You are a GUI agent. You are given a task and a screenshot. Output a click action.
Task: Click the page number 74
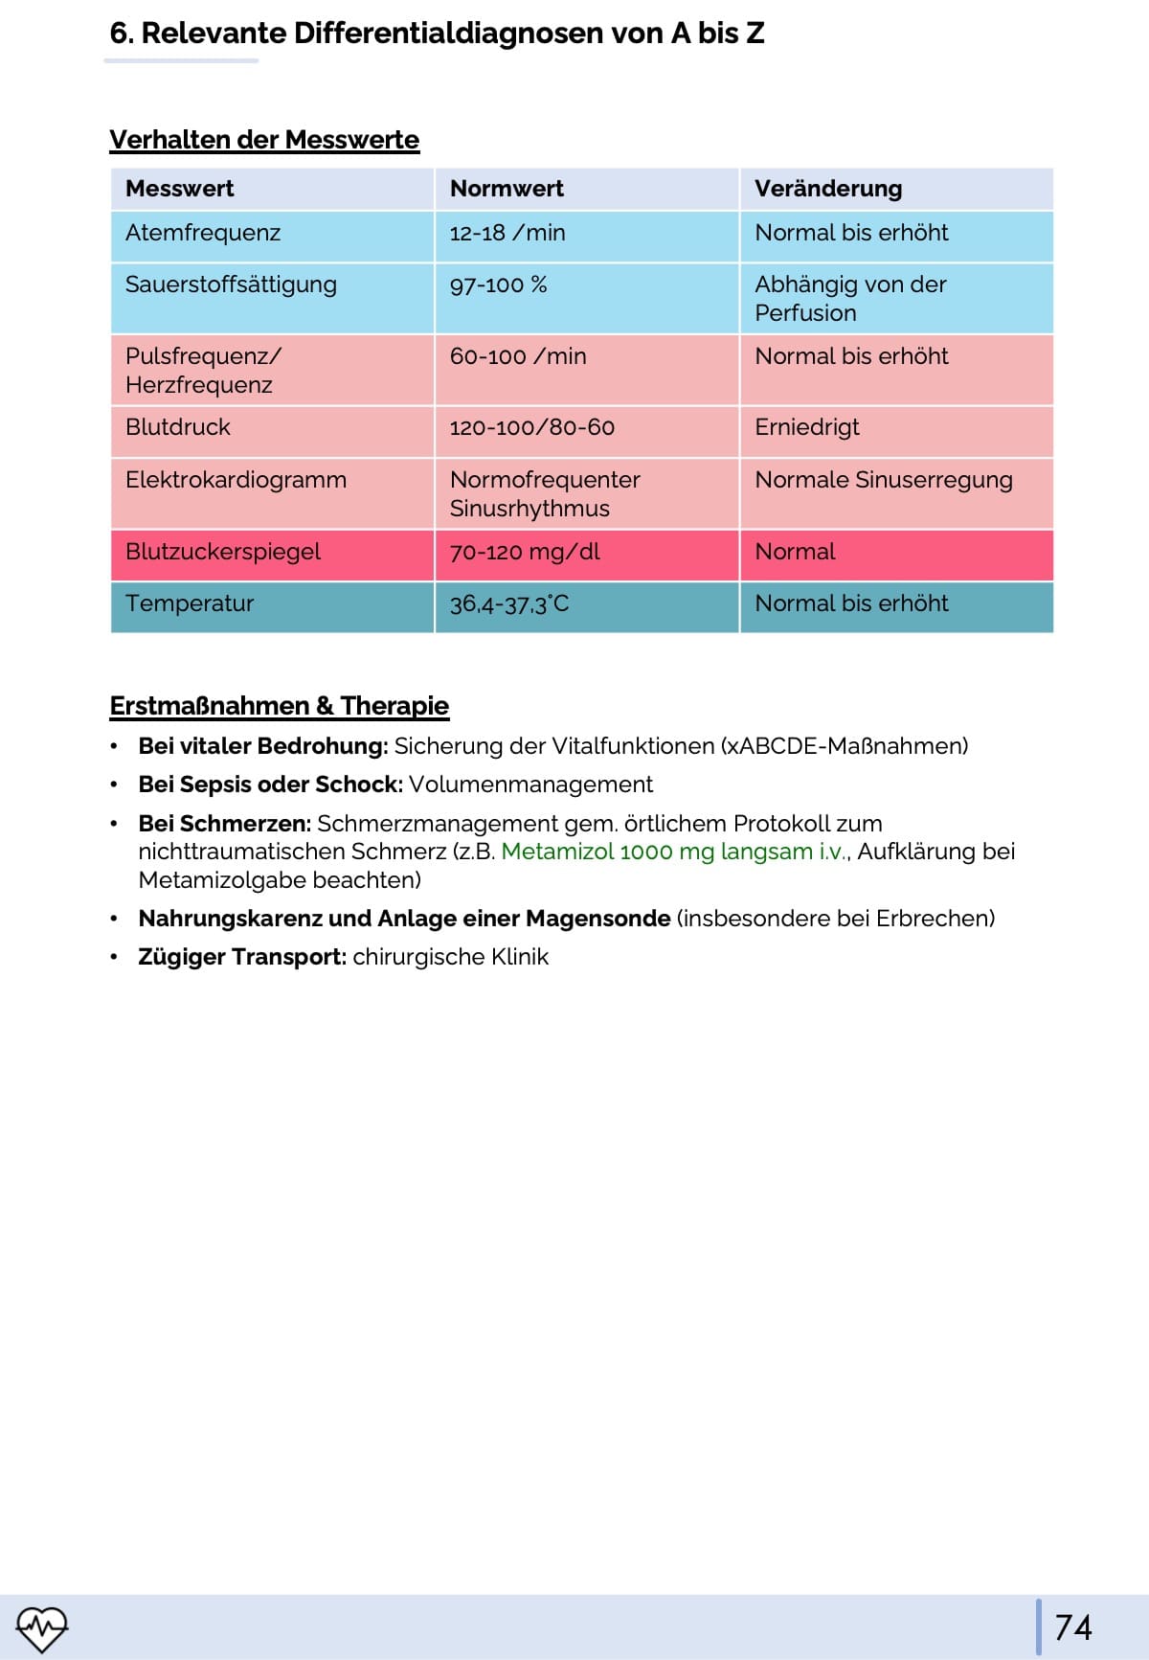pos(1072,1626)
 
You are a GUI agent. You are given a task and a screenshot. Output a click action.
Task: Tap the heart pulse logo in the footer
pos(42,1627)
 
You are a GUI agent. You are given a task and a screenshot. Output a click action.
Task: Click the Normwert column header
pos(507,189)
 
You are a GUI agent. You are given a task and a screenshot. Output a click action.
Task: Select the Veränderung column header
pos(828,189)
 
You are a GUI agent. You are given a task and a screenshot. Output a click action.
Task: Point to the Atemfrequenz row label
pos(203,233)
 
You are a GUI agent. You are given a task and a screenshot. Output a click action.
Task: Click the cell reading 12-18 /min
pos(507,233)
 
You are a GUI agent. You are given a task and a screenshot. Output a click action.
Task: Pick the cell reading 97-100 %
pos(498,284)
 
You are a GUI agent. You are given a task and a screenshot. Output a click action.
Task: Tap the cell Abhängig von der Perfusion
pos(850,298)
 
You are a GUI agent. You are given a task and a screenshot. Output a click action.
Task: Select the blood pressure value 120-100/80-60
pos(532,427)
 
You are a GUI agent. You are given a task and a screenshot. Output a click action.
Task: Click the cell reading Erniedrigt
pos(807,427)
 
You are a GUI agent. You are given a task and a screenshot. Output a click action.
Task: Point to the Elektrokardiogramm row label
pos(236,480)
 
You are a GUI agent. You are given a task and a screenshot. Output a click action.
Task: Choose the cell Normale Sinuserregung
pos(883,480)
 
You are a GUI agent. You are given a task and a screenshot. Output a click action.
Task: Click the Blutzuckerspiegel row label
pos(223,552)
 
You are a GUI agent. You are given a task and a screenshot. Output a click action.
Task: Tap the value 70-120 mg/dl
pos(525,552)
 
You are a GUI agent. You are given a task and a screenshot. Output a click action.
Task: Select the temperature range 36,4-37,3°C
pos(509,603)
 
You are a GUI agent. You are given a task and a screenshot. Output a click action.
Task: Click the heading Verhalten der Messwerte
pos(264,140)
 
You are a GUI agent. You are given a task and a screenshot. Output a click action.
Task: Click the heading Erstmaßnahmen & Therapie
pos(279,706)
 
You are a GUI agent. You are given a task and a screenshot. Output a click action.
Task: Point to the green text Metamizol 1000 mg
pos(607,852)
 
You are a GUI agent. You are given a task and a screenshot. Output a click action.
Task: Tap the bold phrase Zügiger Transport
pos(241,957)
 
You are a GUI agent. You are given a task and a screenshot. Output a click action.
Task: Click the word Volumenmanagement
pos(530,785)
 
